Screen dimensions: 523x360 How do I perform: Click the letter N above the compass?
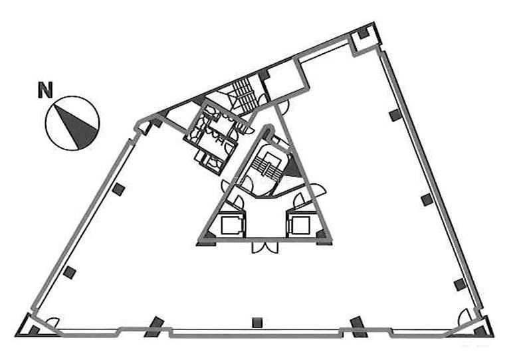click(45, 90)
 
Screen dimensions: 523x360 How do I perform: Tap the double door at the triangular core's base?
click(265, 247)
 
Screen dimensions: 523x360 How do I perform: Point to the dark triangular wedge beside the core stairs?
click(292, 167)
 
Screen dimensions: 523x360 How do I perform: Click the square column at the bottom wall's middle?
click(257, 322)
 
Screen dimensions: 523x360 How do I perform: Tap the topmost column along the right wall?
click(395, 115)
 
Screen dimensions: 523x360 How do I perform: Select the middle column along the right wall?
click(427, 200)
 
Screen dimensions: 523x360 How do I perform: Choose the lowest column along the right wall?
click(460, 285)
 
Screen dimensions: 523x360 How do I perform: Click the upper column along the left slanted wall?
click(118, 189)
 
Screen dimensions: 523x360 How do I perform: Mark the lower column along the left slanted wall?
click(70, 273)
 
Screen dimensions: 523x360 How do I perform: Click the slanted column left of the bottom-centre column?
click(154, 327)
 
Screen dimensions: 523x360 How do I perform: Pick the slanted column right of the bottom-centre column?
click(359, 327)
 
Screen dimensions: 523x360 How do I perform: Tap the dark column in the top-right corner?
click(364, 33)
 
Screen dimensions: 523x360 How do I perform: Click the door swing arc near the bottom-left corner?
click(52, 321)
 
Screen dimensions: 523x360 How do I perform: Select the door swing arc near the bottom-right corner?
click(465, 317)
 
